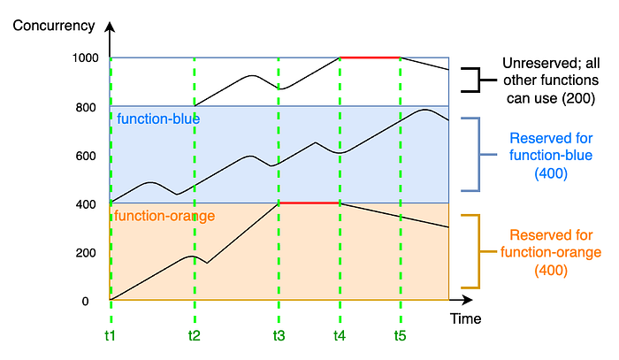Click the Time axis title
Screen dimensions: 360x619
tap(465, 318)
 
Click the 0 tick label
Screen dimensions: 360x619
tap(86, 302)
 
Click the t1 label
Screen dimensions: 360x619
tap(110, 336)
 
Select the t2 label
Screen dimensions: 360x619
tap(195, 336)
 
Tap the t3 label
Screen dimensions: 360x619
tap(279, 336)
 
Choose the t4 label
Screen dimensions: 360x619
tap(340, 336)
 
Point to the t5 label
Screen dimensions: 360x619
tap(401, 336)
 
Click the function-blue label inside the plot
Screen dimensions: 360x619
tap(157, 119)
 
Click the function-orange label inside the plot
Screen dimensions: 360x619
tap(164, 215)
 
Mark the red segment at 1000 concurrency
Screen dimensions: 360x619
tap(370, 57)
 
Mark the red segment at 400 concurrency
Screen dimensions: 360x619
tap(309, 203)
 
